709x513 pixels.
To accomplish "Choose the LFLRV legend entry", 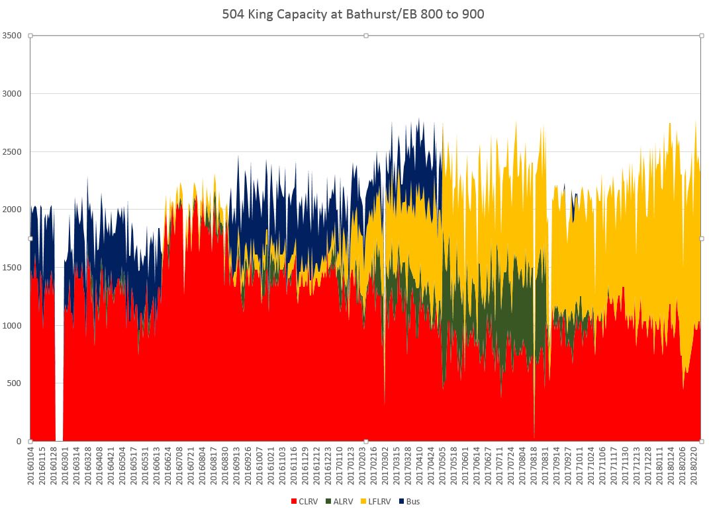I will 378,501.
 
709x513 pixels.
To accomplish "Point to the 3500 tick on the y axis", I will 13,36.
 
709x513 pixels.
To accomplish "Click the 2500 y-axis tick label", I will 13,151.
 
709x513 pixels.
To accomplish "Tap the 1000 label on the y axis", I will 13,325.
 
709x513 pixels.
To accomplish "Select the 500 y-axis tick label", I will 15,383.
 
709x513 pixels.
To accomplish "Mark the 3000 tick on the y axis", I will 13,94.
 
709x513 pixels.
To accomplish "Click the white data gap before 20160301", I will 60,331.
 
